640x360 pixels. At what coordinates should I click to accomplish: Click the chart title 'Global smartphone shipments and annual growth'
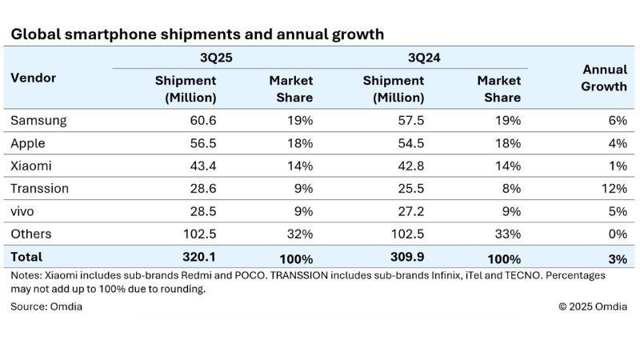click(197, 34)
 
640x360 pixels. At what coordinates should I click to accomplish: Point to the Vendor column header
click(33, 78)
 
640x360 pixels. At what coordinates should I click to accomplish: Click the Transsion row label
click(39, 189)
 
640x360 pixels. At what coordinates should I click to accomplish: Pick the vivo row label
click(25, 211)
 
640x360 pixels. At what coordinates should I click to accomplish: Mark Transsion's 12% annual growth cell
click(615, 189)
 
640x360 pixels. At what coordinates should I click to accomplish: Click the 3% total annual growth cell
click(618, 258)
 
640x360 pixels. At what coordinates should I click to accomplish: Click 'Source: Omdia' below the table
click(46, 306)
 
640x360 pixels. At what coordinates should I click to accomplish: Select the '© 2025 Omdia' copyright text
click(592, 306)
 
